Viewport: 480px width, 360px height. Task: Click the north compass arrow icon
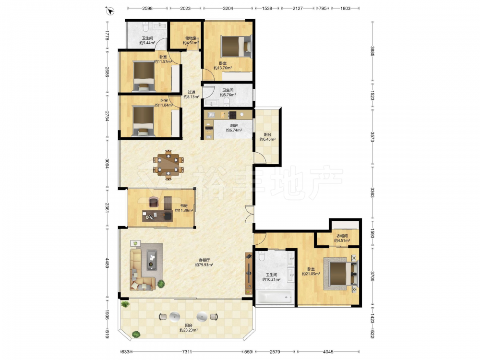(110, 12)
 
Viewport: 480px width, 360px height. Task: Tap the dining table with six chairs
(168, 164)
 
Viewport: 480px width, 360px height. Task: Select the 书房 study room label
(184, 206)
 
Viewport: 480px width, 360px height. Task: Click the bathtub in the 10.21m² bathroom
(275, 297)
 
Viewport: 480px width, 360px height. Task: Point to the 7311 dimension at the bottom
(187, 352)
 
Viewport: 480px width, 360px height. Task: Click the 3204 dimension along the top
(228, 8)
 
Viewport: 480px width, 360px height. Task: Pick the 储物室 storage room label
(191, 38)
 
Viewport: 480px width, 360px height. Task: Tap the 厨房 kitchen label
(234, 125)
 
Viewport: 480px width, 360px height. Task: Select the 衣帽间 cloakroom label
(342, 236)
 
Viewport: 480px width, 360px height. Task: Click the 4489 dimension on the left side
(107, 263)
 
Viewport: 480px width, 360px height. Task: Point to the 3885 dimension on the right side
(372, 51)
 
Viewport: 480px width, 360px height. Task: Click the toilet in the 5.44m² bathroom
(145, 28)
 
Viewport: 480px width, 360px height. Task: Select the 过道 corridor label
(192, 92)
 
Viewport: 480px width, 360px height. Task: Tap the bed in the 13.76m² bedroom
(236, 46)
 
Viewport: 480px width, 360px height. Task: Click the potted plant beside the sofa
(161, 284)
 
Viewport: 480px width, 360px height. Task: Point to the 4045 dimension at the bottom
(328, 352)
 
